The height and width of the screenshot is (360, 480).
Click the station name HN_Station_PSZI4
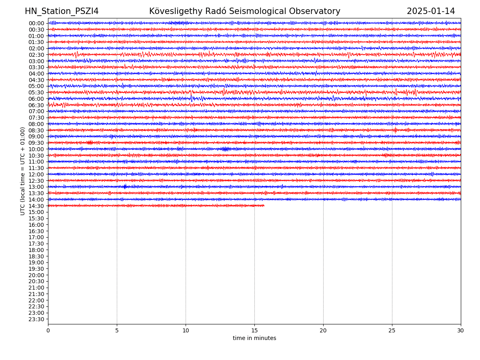coord(62,11)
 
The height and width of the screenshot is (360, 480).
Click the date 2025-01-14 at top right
coord(431,11)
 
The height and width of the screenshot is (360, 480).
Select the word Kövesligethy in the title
coord(174,11)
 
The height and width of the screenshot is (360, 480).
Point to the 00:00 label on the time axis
coord(36,23)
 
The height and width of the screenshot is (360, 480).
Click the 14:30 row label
coord(36,206)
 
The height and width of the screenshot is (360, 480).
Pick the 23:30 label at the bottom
coord(36,319)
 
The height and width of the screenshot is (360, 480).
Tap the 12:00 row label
coord(36,174)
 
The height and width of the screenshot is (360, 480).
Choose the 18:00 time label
coord(36,250)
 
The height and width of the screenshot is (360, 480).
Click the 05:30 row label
coord(36,92)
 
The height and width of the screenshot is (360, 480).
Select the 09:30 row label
coord(36,143)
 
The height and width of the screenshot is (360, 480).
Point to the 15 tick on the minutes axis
coord(254,331)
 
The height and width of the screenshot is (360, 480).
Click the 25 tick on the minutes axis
coord(392,331)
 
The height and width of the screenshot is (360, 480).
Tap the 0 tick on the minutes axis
coord(48,331)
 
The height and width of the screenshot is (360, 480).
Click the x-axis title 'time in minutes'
coord(254,338)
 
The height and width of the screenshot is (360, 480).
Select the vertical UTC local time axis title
coord(23,171)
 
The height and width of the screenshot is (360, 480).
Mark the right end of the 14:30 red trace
coord(264,206)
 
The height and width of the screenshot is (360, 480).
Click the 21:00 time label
coord(36,288)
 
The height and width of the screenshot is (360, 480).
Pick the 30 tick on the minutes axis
coord(461,331)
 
